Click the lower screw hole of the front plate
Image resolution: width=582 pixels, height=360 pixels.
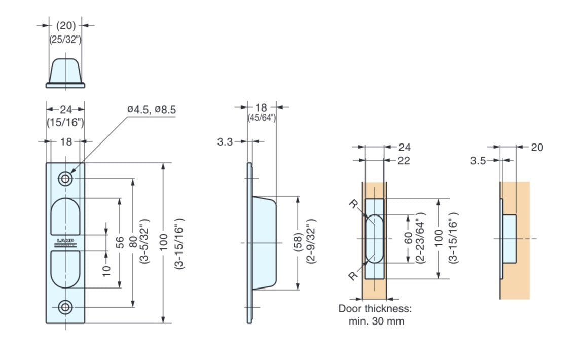pos(65,307)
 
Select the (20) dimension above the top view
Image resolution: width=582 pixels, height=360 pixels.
pos(65,25)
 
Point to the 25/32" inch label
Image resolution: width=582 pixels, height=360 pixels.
pos(65,39)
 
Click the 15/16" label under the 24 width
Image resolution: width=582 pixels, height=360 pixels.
pos(65,122)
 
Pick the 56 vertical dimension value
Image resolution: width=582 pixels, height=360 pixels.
pos(120,242)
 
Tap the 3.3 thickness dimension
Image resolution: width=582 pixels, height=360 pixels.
pos(226,142)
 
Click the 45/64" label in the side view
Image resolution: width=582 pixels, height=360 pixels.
pos(261,118)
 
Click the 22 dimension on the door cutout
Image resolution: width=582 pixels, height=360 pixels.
pos(404,161)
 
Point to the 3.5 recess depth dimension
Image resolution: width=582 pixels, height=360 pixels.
pos(478,161)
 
